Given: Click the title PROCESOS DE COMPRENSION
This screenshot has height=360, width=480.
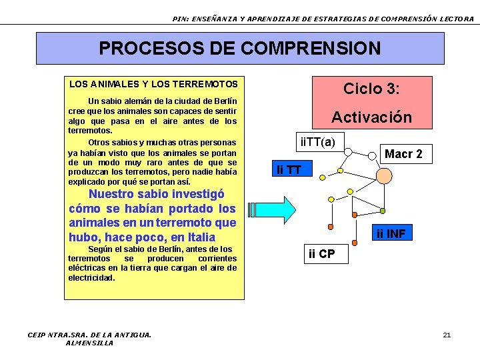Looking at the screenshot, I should click(x=239, y=48).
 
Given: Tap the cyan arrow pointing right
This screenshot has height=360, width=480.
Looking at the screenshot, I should click(x=275, y=210).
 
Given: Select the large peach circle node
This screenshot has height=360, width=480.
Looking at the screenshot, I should click(x=385, y=175).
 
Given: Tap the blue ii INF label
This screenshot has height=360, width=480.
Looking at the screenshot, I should click(x=391, y=233).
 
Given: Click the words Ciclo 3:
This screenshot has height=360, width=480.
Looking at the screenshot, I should click(x=371, y=89).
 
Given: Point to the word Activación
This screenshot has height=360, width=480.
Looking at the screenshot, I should click(x=371, y=117).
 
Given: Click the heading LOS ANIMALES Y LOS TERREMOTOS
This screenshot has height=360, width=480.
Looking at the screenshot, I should click(x=153, y=85).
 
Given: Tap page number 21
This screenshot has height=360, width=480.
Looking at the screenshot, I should click(x=447, y=335).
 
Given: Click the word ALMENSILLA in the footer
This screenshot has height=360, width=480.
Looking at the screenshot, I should click(x=90, y=343).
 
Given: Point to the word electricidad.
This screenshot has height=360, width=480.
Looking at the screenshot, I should click(x=91, y=277).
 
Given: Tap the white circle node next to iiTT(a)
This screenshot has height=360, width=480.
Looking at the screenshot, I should click(x=348, y=152).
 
